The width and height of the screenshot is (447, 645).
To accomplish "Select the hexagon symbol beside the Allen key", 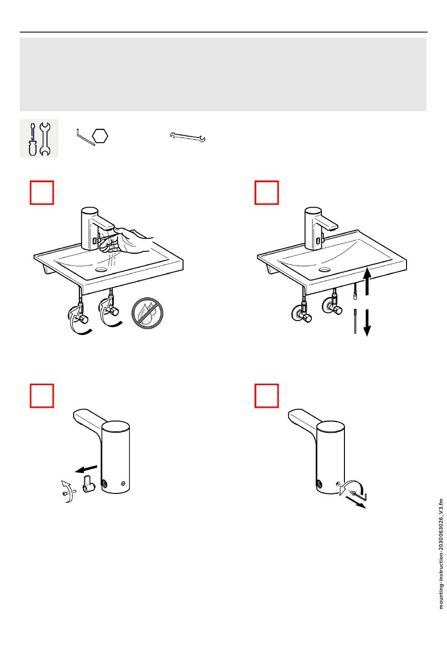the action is click(100, 136).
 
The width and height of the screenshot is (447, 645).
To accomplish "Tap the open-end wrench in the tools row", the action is click(187, 137).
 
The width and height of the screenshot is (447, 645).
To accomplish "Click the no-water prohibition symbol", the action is click(147, 313).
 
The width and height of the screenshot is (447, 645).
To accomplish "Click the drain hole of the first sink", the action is click(101, 270).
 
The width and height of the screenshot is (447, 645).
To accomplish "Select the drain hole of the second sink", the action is click(325, 270).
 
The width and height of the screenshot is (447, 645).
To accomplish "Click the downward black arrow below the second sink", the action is click(367, 322).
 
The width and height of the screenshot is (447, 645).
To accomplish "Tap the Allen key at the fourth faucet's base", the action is click(358, 495).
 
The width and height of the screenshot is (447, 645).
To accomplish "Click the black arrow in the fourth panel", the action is click(355, 502).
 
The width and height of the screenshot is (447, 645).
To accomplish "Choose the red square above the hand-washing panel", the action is click(42, 193).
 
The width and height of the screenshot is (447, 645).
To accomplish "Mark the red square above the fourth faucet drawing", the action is click(266, 395).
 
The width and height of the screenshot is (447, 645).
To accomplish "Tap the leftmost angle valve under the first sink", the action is click(78, 314).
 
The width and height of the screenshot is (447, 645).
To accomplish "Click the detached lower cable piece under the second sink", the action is click(355, 321).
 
